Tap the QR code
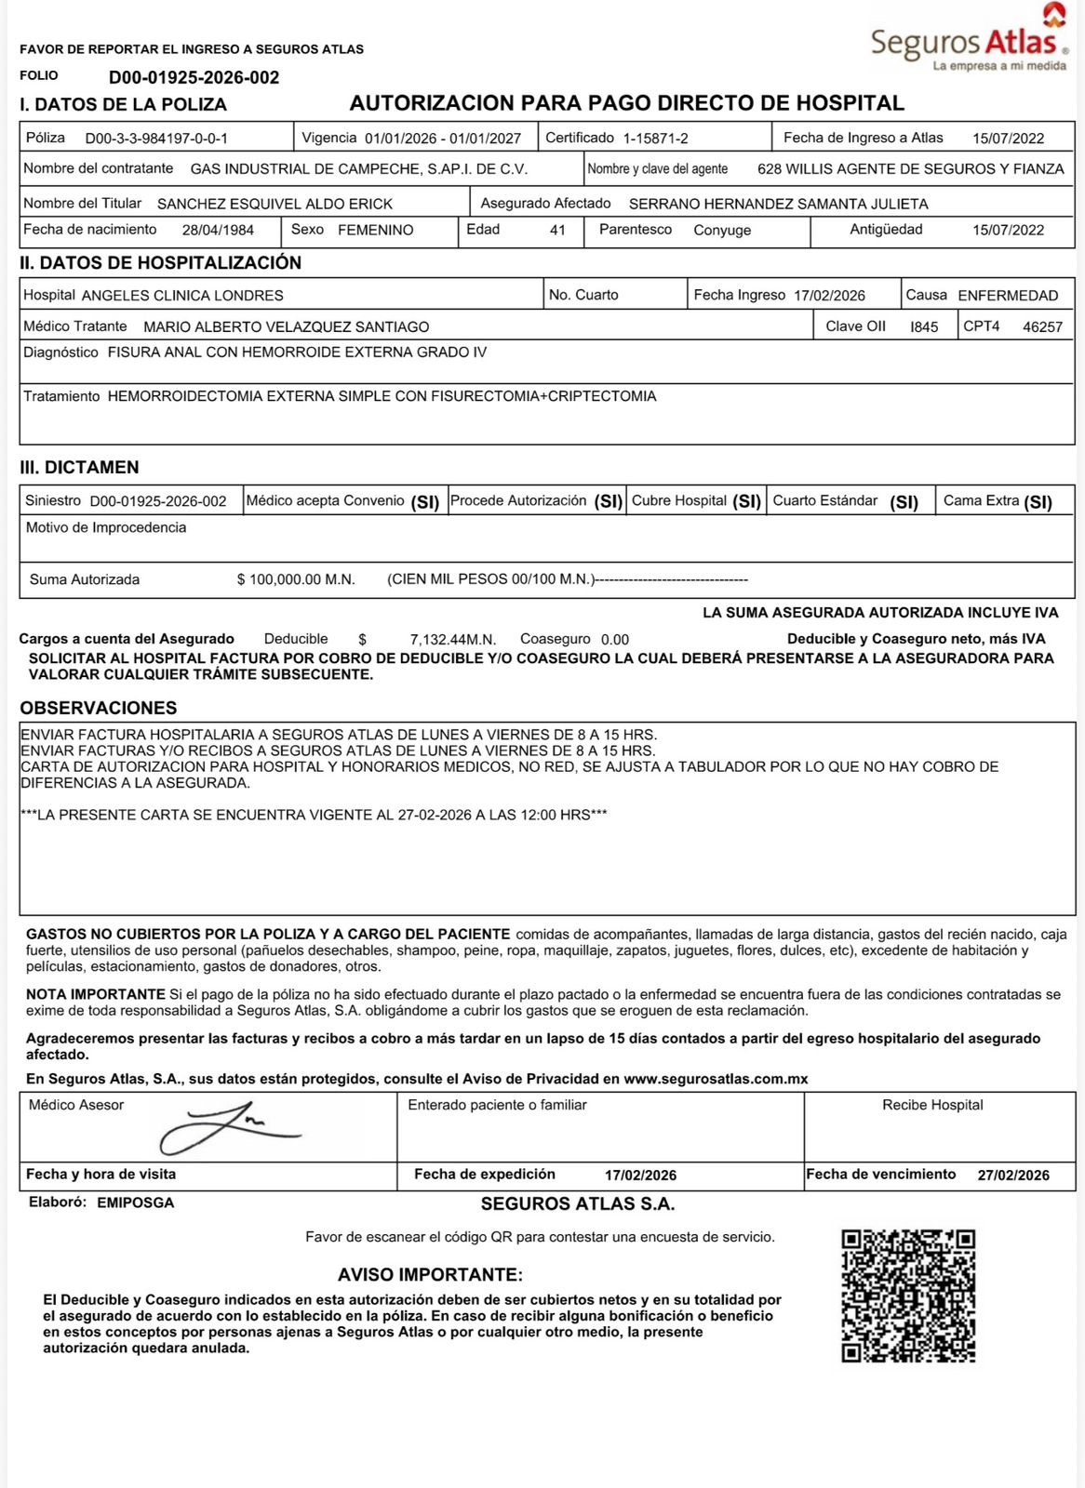click(x=908, y=1295)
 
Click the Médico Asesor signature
click(x=229, y=1127)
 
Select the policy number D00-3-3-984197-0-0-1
click(x=156, y=139)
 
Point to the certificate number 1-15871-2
click(x=655, y=139)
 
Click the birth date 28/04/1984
click(x=218, y=230)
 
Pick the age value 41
click(x=557, y=230)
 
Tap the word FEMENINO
click(x=375, y=230)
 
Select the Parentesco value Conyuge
click(x=722, y=230)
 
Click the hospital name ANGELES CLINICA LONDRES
click(x=182, y=296)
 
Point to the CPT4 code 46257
click(x=1042, y=327)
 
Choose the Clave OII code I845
click(x=924, y=327)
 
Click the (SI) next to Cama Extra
click(x=1038, y=502)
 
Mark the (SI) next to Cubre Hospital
click(x=746, y=502)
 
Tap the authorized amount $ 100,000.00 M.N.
click(x=296, y=579)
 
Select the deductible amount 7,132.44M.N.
click(x=452, y=640)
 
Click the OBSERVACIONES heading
click(x=99, y=708)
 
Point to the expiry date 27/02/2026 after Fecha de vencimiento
click(x=1013, y=1176)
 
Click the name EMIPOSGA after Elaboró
click(x=135, y=1202)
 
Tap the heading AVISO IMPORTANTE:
click(x=430, y=1275)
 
